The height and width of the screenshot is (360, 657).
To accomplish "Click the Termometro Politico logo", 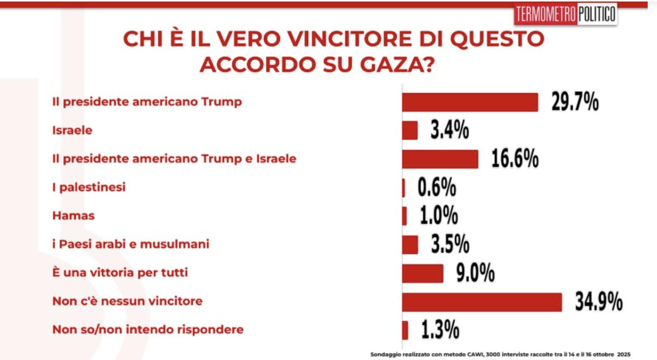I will tap(565, 15).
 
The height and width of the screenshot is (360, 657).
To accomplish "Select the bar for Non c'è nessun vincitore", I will tap(482, 302).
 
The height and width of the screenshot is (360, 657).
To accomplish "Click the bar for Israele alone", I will tap(410, 130).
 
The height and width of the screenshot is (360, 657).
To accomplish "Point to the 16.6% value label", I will tap(515, 159).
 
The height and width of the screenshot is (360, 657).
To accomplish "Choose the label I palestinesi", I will tap(89, 187).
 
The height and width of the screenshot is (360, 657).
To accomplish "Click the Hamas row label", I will tap(73, 216).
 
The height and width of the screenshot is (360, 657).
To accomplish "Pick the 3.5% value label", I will tap(450, 244).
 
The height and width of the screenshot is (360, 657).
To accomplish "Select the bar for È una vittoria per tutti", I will tap(423, 273).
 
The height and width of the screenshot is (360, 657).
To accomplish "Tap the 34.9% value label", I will tap(598, 302).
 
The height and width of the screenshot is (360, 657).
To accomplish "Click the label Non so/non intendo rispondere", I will tap(148, 329).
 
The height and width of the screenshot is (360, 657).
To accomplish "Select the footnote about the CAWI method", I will tap(500, 354).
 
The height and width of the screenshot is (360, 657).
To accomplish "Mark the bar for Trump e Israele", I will tap(440, 159).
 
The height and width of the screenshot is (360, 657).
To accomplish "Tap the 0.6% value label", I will tap(436, 187).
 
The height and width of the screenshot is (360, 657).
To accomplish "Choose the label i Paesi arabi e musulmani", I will tap(131, 244).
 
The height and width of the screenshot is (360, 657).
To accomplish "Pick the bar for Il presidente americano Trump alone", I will tap(470, 102).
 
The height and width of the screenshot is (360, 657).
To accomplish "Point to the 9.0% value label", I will tap(475, 273).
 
